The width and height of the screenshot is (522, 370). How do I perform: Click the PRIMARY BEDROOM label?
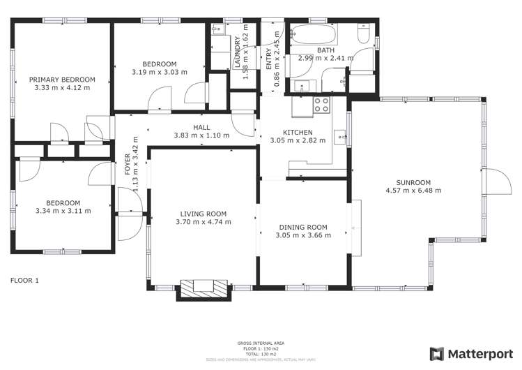click(x=62, y=80)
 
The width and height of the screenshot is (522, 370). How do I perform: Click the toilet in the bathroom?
click(x=363, y=35)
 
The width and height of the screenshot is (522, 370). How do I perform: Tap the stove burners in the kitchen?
click(x=322, y=105)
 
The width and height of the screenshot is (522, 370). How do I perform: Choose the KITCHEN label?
click(x=297, y=132)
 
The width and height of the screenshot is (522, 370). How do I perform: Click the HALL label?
click(x=201, y=127)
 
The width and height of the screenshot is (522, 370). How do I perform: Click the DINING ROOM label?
click(x=303, y=227)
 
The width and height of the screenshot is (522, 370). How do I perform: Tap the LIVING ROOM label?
click(x=203, y=214)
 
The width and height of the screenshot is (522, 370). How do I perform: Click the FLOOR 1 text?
click(x=24, y=281)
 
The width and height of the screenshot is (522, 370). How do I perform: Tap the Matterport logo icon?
click(x=437, y=354)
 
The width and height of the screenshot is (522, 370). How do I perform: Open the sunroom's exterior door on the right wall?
click(x=496, y=183)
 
